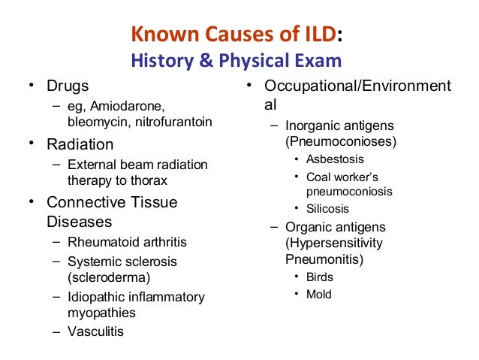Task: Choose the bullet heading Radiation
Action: click(x=80, y=144)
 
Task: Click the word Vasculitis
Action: click(x=95, y=331)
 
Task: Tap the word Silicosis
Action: click(x=327, y=209)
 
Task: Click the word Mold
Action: click(x=318, y=295)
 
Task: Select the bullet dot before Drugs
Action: click(x=32, y=85)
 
